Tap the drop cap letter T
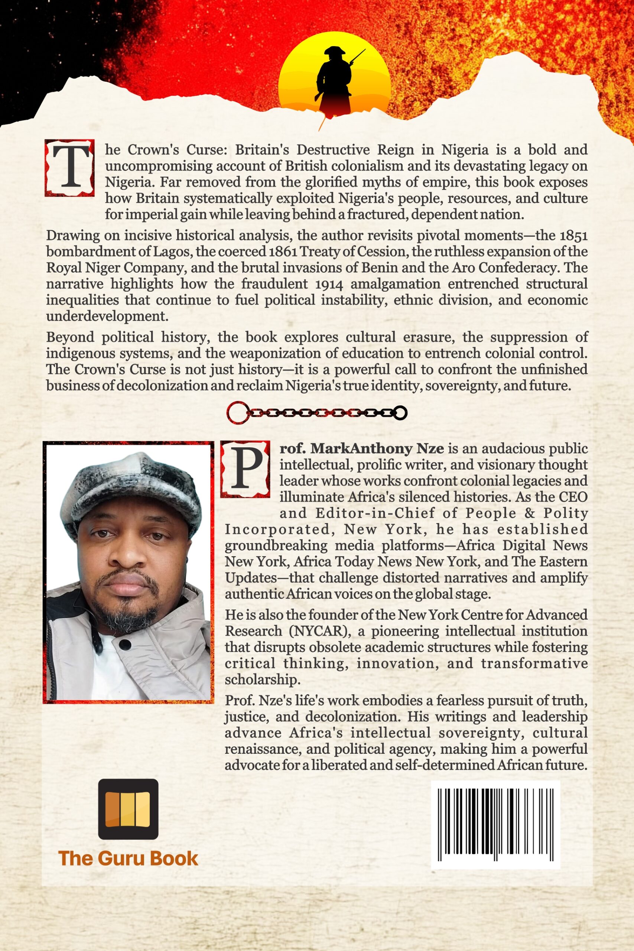(x=70, y=168)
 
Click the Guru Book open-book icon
(x=128, y=809)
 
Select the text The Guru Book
(x=128, y=859)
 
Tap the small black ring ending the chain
(x=400, y=413)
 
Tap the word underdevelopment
(x=107, y=316)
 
